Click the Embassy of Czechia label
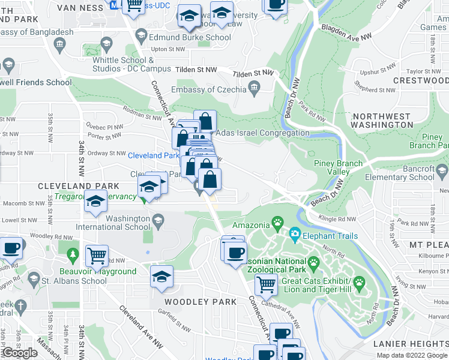(x=208, y=89)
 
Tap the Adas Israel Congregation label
(x=262, y=133)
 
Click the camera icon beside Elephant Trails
(x=295, y=233)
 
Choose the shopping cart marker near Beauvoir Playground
(x=97, y=256)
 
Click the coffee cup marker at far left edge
(x=11, y=247)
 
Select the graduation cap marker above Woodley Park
(x=161, y=277)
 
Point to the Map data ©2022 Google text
(x=412, y=355)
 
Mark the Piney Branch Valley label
(x=338, y=167)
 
